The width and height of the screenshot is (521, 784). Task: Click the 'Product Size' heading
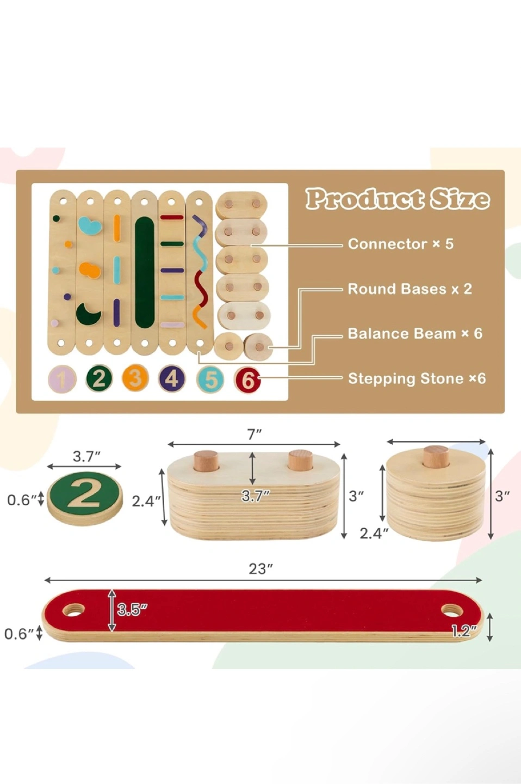point(398,199)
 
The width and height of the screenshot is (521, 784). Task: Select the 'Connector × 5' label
point(400,244)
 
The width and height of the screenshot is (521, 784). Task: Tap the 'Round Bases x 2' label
point(410,289)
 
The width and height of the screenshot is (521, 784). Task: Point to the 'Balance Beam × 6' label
point(415,334)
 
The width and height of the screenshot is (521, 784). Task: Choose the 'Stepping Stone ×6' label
point(417,379)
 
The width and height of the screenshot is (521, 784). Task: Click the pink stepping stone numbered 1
point(62,379)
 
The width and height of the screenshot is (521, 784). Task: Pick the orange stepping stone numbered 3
point(135,378)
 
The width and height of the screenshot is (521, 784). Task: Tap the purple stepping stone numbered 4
point(172,378)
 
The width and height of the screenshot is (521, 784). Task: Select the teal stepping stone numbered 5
point(210,379)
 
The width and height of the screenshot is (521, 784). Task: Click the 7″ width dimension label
point(255,434)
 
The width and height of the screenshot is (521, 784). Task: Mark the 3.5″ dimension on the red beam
point(132,609)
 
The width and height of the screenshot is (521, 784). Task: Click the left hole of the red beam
point(73,610)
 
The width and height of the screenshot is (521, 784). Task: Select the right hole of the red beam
point(452,611)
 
